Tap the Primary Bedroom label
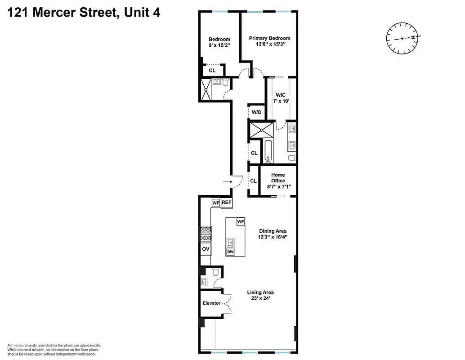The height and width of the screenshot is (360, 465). (x=269, y=38)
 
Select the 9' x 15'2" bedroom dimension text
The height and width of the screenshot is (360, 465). (x=219, y=45)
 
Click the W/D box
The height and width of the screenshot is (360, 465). (x=256, y=112)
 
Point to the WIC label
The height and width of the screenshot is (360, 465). (x=281, y=95)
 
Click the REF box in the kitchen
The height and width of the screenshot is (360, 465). (x=226, y=203)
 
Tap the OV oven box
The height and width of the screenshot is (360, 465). (x=206, y=249)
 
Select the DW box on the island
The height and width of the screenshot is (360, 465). (x=230, y=252)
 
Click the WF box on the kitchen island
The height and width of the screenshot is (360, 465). (x=240, y=222)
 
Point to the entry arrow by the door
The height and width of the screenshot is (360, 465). (x=228, y=182)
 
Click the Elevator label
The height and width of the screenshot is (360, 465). (x=211, y=303)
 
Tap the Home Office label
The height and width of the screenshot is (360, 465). (x=278, y=178)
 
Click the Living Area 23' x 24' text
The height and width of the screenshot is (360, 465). (x=260, y=298)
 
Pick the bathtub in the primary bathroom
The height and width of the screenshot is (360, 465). (x=268, y=151)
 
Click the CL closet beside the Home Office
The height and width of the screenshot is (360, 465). (x=253, y=181)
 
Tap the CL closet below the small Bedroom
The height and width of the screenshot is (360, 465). (x=212, y=71)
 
